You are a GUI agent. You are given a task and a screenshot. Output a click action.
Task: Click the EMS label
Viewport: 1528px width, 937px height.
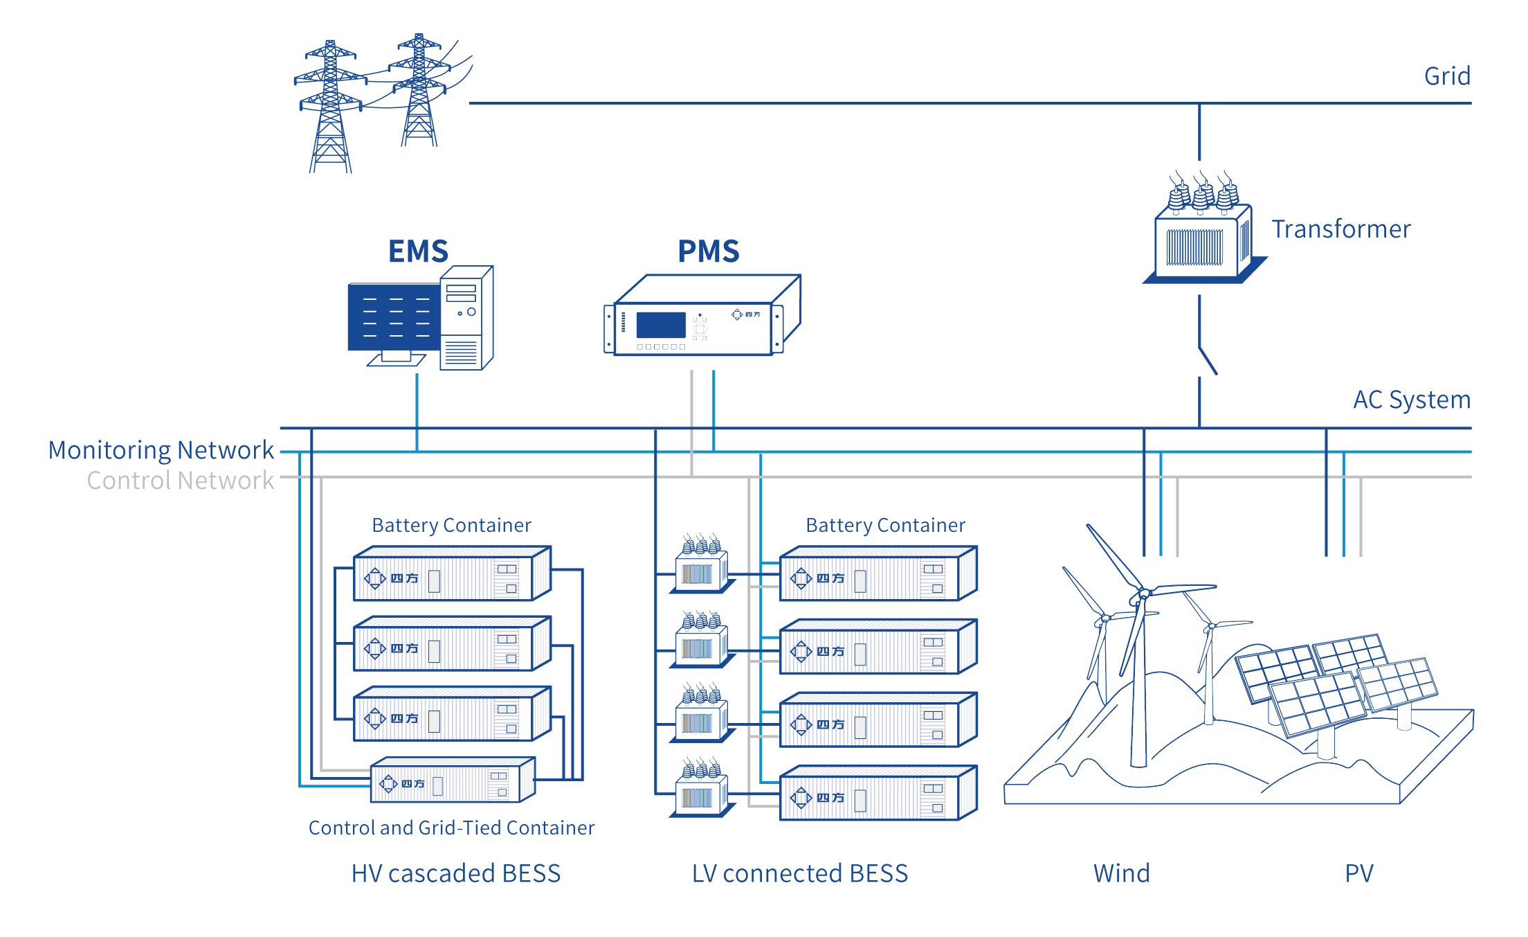pos(418,251)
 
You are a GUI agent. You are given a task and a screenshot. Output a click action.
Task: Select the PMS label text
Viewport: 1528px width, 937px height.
pos(708,251)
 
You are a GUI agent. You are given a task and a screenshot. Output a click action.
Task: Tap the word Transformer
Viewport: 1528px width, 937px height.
pos(1340,229)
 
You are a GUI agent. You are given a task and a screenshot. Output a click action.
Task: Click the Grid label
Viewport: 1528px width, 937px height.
pos(1446,76)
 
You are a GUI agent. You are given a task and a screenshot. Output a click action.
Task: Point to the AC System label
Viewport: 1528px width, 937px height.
pos(1411,400)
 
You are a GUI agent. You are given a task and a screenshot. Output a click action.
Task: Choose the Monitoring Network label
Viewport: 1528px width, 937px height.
pos(161,450)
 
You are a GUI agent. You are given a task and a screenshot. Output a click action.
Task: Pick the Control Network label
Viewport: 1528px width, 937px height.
pos(180,481)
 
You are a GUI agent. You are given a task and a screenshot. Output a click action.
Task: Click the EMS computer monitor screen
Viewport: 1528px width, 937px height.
pos(393,317)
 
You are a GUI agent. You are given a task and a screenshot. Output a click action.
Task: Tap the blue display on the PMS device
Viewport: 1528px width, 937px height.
pos(661,325)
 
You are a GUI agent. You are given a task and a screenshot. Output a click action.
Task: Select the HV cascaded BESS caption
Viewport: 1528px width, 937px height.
pos(455,873)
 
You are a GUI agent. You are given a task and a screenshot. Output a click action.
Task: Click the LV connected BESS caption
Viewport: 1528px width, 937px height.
pos(799,873)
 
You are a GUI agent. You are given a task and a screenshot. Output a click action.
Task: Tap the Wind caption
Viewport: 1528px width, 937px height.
pos(1121,873)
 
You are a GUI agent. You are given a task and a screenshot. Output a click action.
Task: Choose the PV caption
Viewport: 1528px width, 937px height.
pos(1358,873)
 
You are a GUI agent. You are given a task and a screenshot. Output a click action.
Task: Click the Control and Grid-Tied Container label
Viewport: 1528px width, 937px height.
pos(451,828)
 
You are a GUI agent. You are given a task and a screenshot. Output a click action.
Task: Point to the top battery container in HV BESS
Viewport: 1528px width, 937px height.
pos(451,575)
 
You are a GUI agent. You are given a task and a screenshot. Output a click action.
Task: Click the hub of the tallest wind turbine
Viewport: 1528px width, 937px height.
pos(1144,594)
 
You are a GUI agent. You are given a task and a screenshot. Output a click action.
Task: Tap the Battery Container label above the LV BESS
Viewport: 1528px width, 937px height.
pos(885,525)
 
